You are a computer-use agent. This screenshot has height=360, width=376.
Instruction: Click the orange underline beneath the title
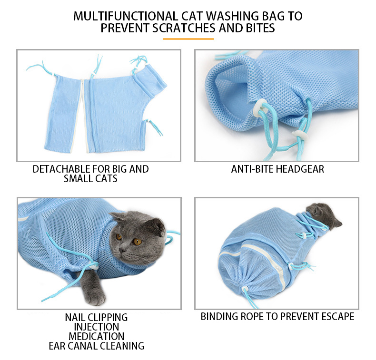[188, 39]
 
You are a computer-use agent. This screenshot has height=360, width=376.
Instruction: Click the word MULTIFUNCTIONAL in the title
[126, 16]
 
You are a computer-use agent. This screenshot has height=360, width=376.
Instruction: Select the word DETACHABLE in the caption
[61, 169]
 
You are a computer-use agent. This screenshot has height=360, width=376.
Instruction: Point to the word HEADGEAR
[300, 169]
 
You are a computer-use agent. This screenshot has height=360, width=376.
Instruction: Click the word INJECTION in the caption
[96, 327]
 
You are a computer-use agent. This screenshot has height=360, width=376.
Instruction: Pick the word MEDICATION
[97, 336]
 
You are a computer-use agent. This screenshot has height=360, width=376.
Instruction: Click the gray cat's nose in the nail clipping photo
[122, 250]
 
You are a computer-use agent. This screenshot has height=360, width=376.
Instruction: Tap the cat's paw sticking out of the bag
[95, 297]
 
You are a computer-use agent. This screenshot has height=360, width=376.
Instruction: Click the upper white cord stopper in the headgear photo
[261, 108]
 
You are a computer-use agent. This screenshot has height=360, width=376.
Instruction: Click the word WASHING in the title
[232, 16]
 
